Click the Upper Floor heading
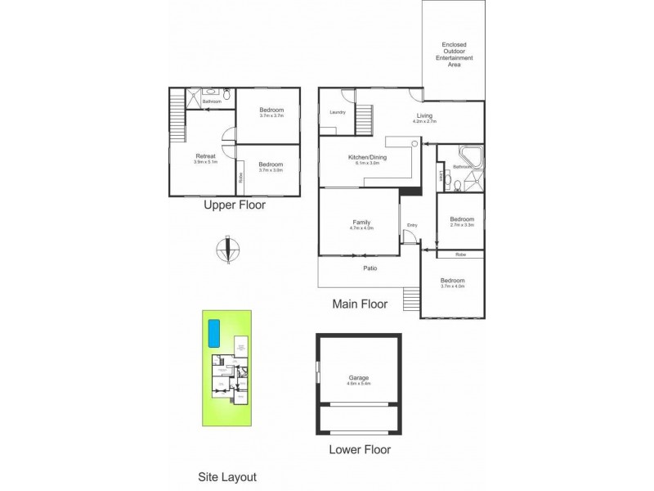click(x=234, y=206)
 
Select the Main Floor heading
click(x=359, y=304)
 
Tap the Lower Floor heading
click(x=359, y=449)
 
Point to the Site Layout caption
click(x=228, y=476)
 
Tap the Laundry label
click(x=337, y=112)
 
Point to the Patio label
click(x=370, y=268)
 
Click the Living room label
click(x=424, y=117)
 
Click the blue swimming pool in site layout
click(x=215, y=333)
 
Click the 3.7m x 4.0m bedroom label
click(x=451, y=282)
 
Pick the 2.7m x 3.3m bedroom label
click(x=461, y=221)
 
